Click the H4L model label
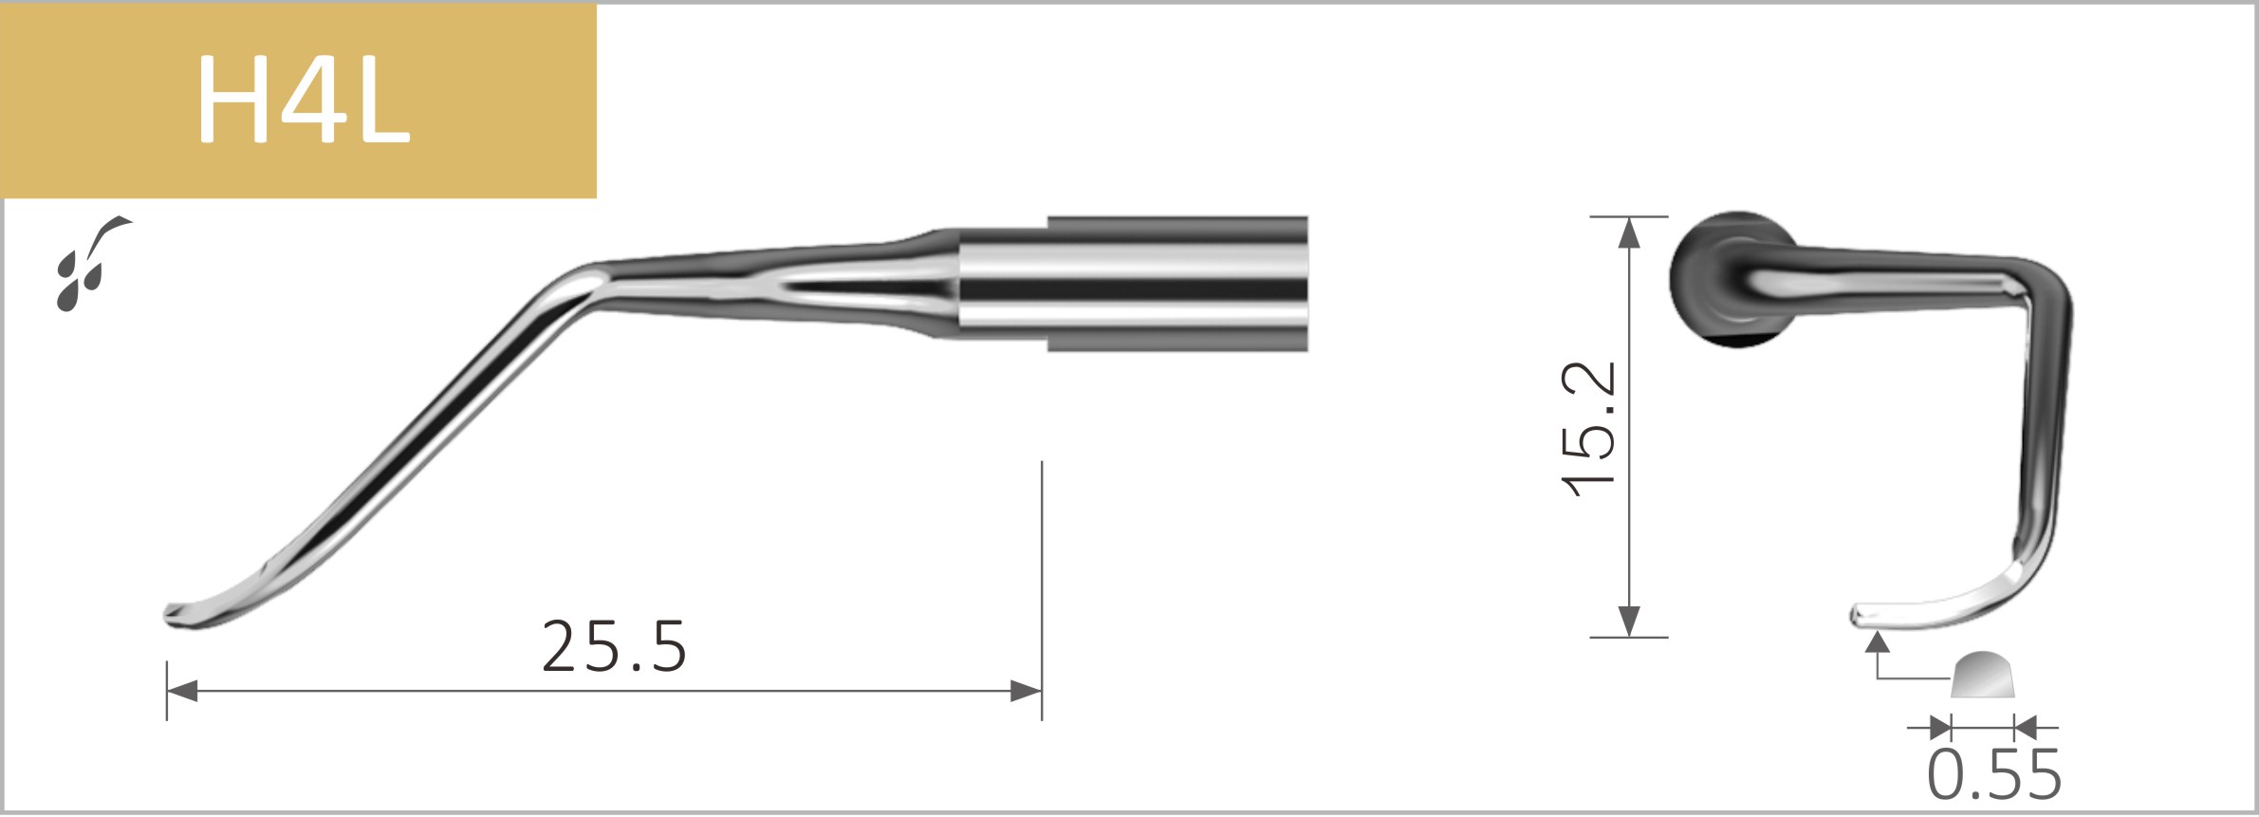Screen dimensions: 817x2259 click(x=302, y=100)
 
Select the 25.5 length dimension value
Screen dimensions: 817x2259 click(x=614, y=647)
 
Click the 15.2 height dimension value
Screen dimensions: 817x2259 click(x=1588, y=428)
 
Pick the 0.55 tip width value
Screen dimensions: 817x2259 click(x=1994, y=775)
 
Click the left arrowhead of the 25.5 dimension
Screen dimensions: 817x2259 click(x=181, y=691)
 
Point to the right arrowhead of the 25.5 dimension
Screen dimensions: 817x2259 click(x=1027, y=691)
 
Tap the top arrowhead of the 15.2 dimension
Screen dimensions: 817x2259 click(x=1629, y=232)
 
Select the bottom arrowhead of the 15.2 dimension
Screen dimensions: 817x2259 click(x=1629, y=622)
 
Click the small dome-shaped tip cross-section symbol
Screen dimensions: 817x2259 click(x=1983, y=676)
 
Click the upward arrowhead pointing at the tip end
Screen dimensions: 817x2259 click(x=1878, y=642)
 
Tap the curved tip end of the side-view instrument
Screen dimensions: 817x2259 click(x=176, y=614)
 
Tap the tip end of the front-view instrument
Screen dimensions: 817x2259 click(x=1860, y=617)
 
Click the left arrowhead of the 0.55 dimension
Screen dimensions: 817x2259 click(x=1941, y=729)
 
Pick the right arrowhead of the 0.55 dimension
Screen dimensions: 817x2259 click(x=2025, y=729)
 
